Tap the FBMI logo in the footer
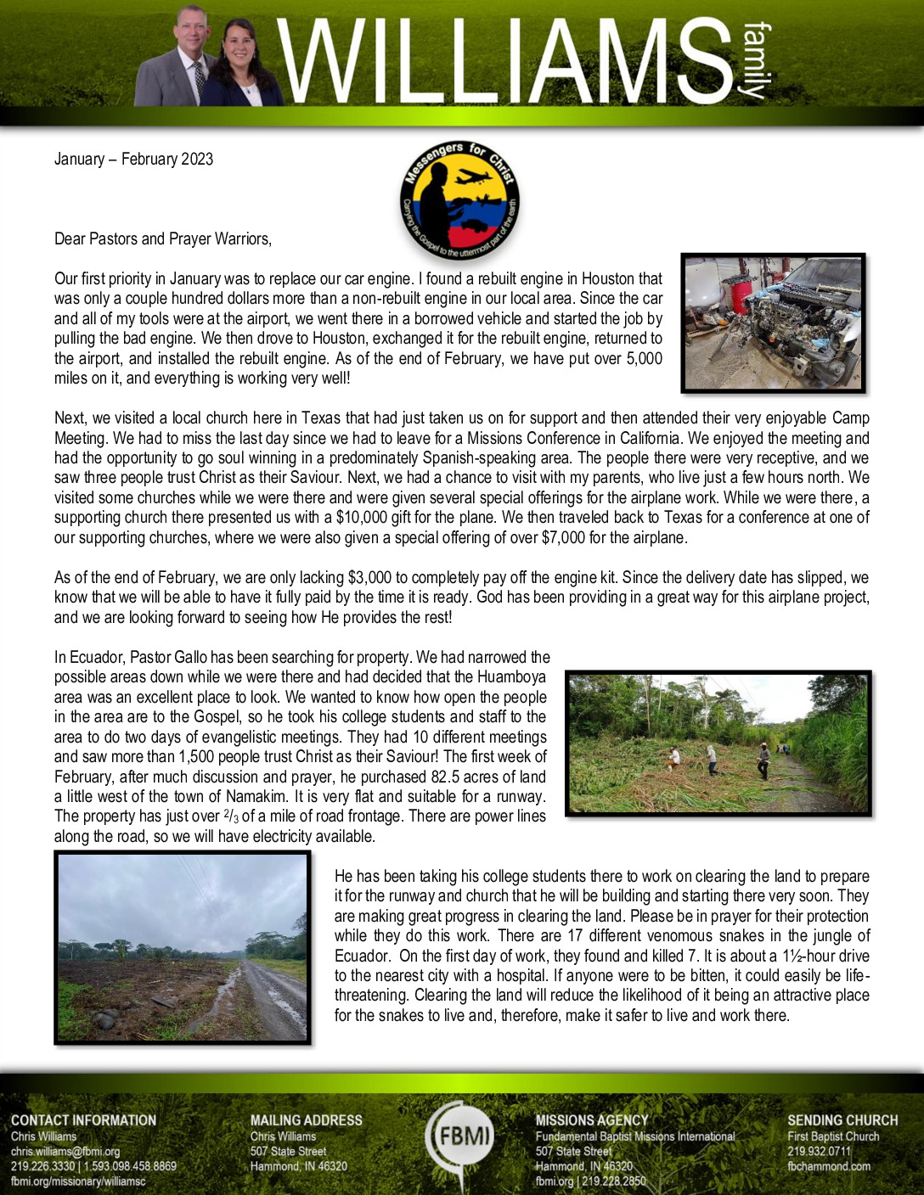(461, 1136)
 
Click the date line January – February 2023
(133, 159)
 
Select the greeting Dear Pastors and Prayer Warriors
(162, 238)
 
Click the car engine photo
(773, 323)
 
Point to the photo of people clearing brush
(718, 743)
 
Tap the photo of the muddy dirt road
(183, 947)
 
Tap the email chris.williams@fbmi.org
(65, 1152)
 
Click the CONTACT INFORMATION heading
(83, 1120)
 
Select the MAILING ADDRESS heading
(306, 1120)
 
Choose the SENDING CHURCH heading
(842, 1120)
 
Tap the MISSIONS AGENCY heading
(591, 1120)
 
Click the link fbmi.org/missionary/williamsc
(78, 1181)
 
